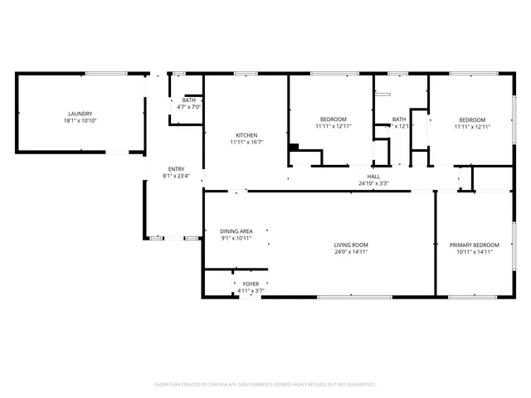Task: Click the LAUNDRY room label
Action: (80, 114)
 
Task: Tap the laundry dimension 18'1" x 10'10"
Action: (80, 121)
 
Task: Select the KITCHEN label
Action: (246, 135)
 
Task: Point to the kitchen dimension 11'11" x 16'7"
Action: (246, 143)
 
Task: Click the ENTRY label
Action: (176, 168)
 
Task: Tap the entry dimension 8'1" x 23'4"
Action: (176, 176)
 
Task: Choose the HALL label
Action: (373, 176)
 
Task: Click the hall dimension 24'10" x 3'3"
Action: (373, 183)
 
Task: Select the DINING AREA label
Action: (236, 231)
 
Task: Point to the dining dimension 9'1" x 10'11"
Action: (236, 238)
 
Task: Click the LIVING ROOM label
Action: (351, 245)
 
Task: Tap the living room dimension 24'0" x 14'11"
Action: (351, 252)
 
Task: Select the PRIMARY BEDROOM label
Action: (475, 245)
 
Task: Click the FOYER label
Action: (251, 284)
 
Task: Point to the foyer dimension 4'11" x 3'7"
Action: (251, 291)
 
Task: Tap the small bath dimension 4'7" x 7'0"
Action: (189, 107)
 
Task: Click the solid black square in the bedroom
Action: (294, 148)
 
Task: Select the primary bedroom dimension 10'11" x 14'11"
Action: (475, 252)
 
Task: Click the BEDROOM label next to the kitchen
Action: (333, 119)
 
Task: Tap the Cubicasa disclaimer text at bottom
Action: (265, 385)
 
